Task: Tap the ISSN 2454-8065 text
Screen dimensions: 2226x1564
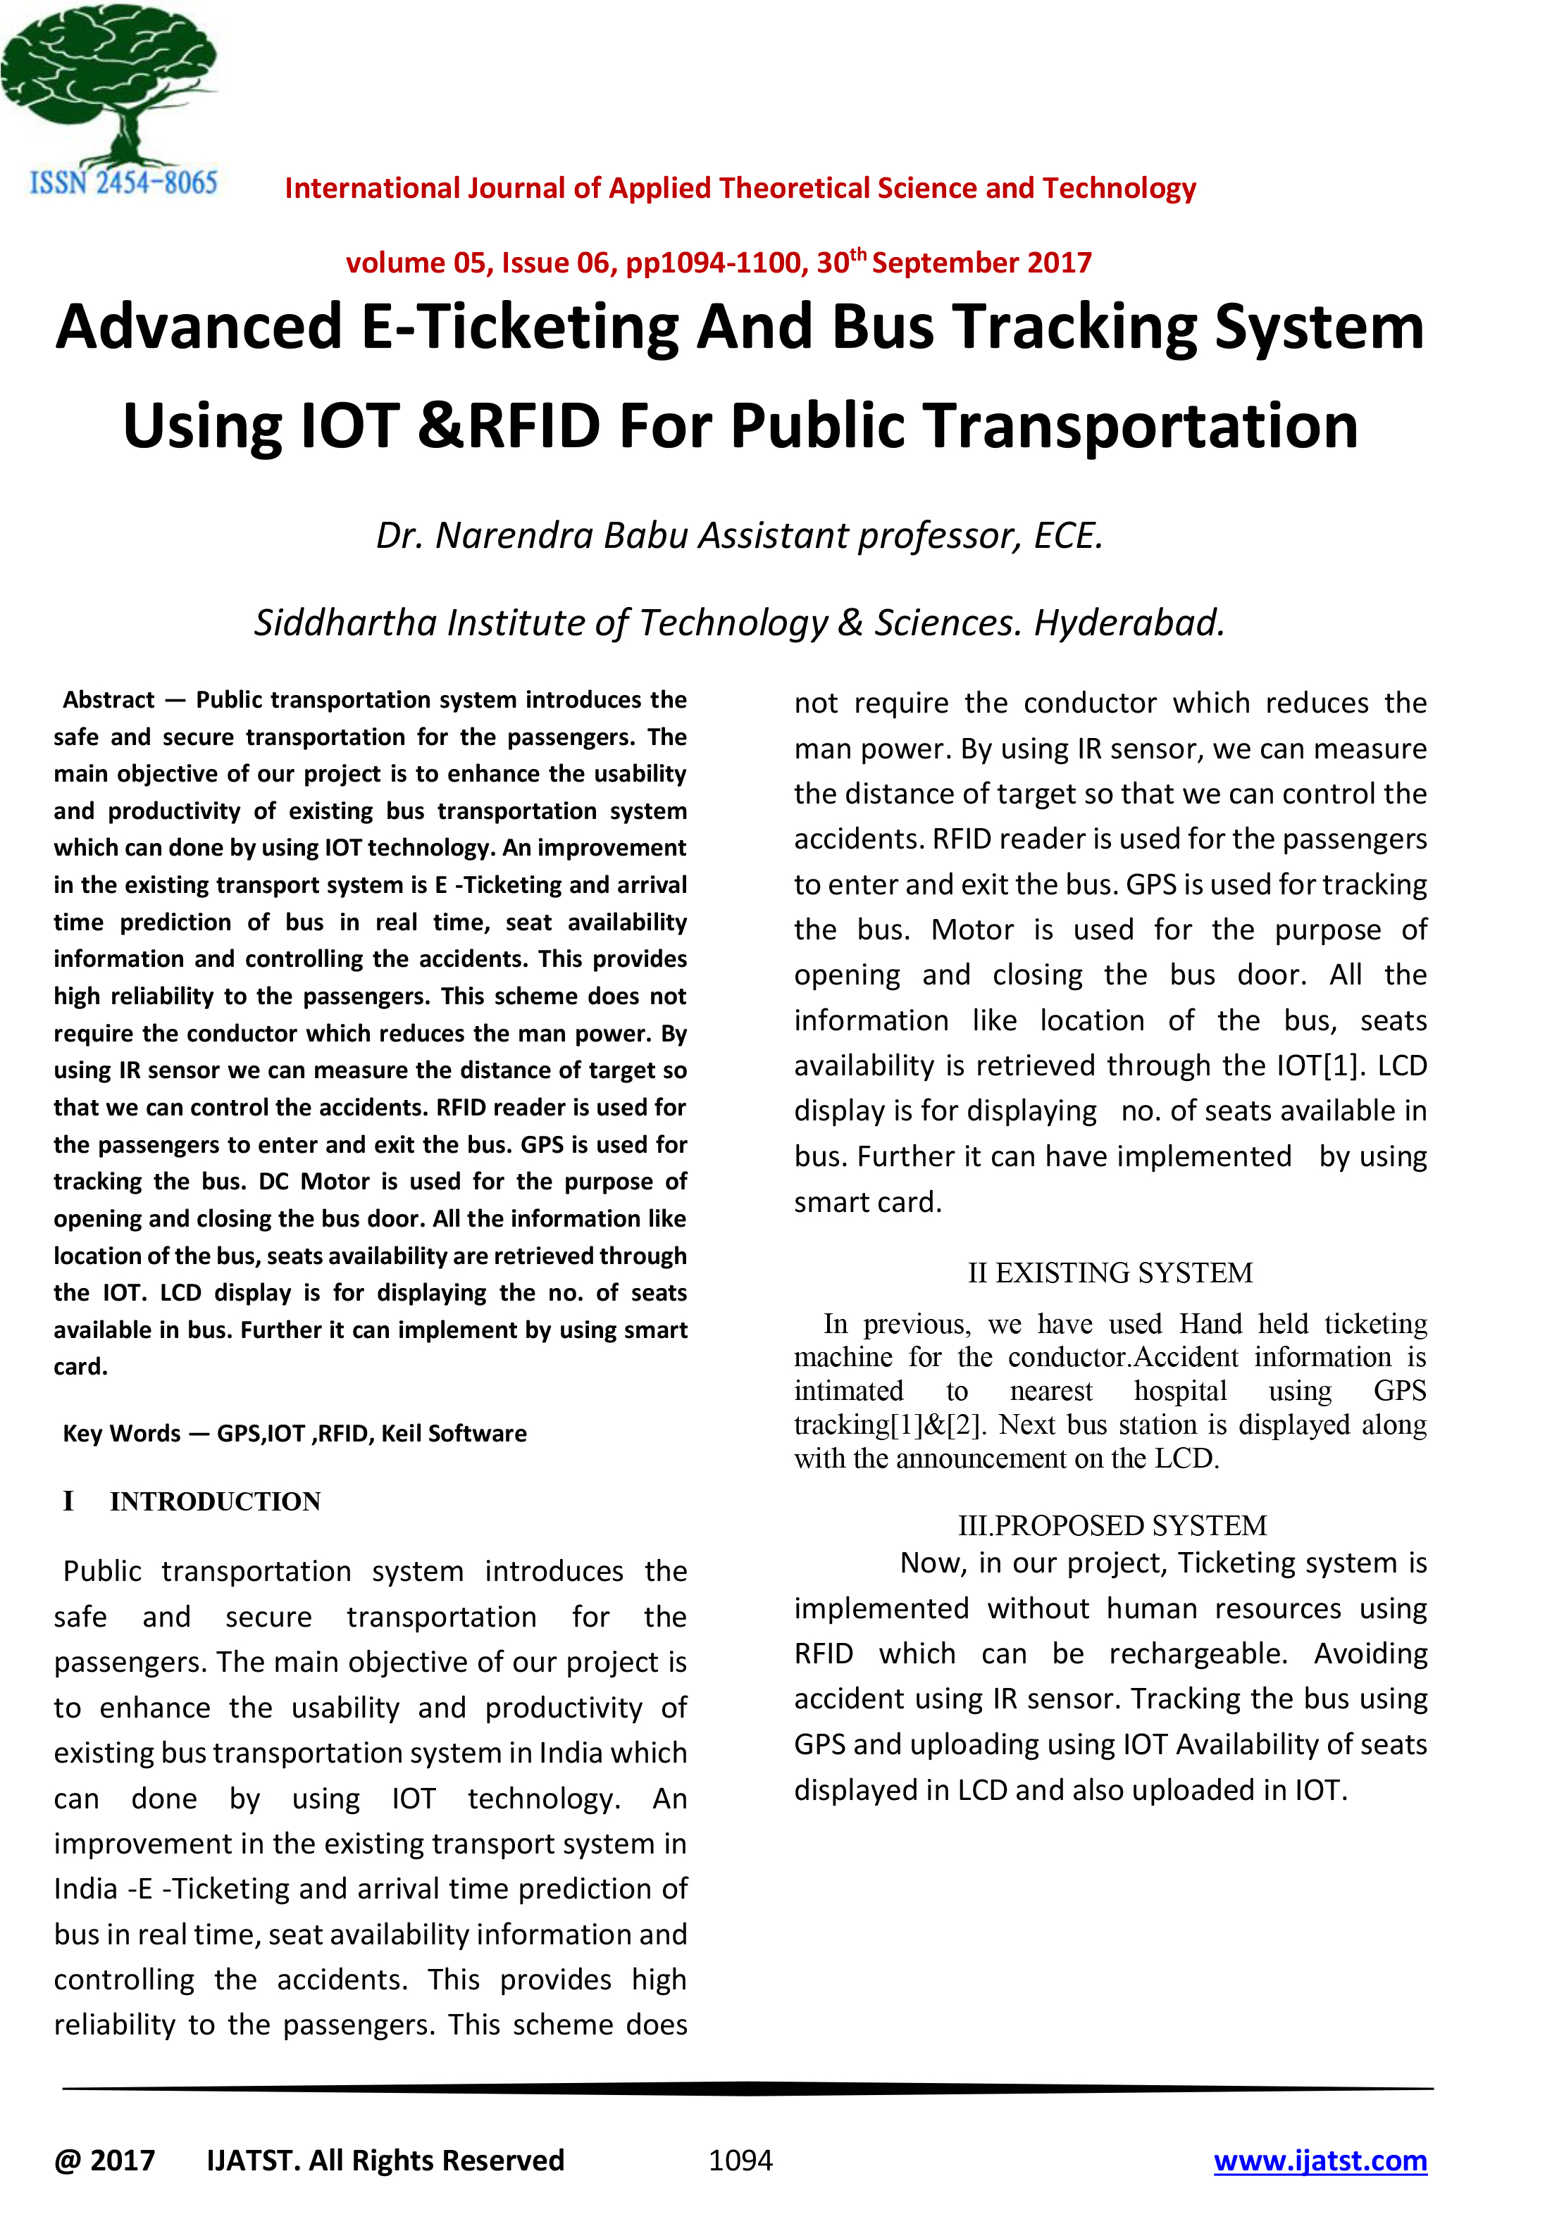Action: click(x=123, y=182)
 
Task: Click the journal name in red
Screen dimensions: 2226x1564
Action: click(x=740, y=188)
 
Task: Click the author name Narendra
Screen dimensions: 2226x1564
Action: click(x=513, y=535)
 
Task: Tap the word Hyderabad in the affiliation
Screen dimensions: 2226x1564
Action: click(x=1129, y=623)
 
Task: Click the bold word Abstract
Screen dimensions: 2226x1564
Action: click(x=108, y=700)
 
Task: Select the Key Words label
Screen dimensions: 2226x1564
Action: click(x=121, y=1433)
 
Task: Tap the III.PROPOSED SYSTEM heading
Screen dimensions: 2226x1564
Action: click(x=1112, y=1525)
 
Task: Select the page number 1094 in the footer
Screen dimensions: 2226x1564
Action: click(x=741, y=2160)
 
